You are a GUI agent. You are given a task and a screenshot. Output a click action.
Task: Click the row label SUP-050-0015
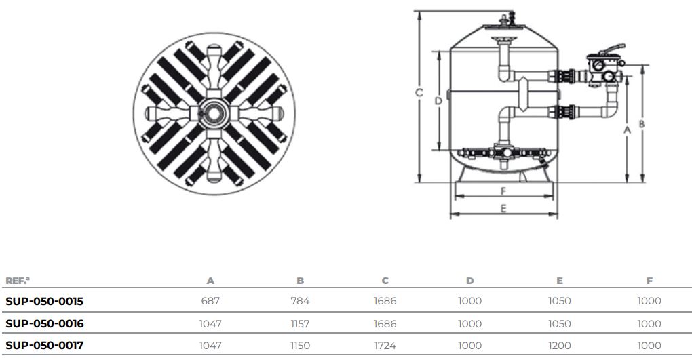click(44, 301)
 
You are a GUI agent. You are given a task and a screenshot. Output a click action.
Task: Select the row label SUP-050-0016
click(44, 323)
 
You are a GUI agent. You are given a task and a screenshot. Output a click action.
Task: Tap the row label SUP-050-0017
click(44, 346)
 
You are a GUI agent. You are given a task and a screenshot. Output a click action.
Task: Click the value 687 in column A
click(210, 301)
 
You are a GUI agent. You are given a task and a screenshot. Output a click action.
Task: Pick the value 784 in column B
click(300, 301)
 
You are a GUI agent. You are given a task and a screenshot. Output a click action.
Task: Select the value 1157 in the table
click(300, 323)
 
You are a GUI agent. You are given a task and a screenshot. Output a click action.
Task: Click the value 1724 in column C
click(385, 346)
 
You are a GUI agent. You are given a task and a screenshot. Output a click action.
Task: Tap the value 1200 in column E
click(559, 346)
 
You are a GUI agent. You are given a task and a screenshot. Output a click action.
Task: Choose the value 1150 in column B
click(300, 346)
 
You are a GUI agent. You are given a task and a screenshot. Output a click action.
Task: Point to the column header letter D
click(469, 280)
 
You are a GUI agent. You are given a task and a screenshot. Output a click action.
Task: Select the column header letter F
click(649, 280)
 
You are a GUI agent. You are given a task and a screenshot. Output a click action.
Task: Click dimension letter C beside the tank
click(420, 93)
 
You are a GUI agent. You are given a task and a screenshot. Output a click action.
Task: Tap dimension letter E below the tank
click(503, 209)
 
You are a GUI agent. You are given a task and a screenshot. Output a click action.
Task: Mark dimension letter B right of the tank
click(641, 124)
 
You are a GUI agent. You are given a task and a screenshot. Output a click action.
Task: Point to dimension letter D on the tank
click(438, 101)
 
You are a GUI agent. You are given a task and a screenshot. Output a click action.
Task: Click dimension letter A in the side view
click(627, 128)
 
